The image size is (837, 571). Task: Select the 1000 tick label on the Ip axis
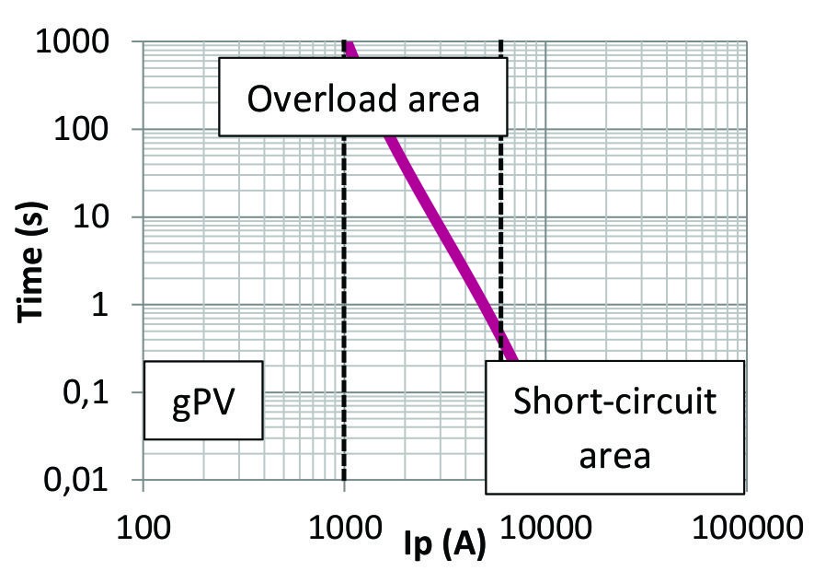click(344, 530)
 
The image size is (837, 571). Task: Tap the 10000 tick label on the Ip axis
click(545, 530)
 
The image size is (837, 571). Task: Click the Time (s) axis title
click(33, 263)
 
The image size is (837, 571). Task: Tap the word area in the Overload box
click(444, 98)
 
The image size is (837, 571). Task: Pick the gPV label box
click(203, 401)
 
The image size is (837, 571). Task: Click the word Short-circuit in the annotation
click(614, 402)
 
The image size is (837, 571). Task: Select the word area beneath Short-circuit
click(614, 454)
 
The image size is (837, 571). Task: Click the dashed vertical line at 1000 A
click(344, 276)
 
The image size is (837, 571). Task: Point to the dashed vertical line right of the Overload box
click(501, 230)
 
